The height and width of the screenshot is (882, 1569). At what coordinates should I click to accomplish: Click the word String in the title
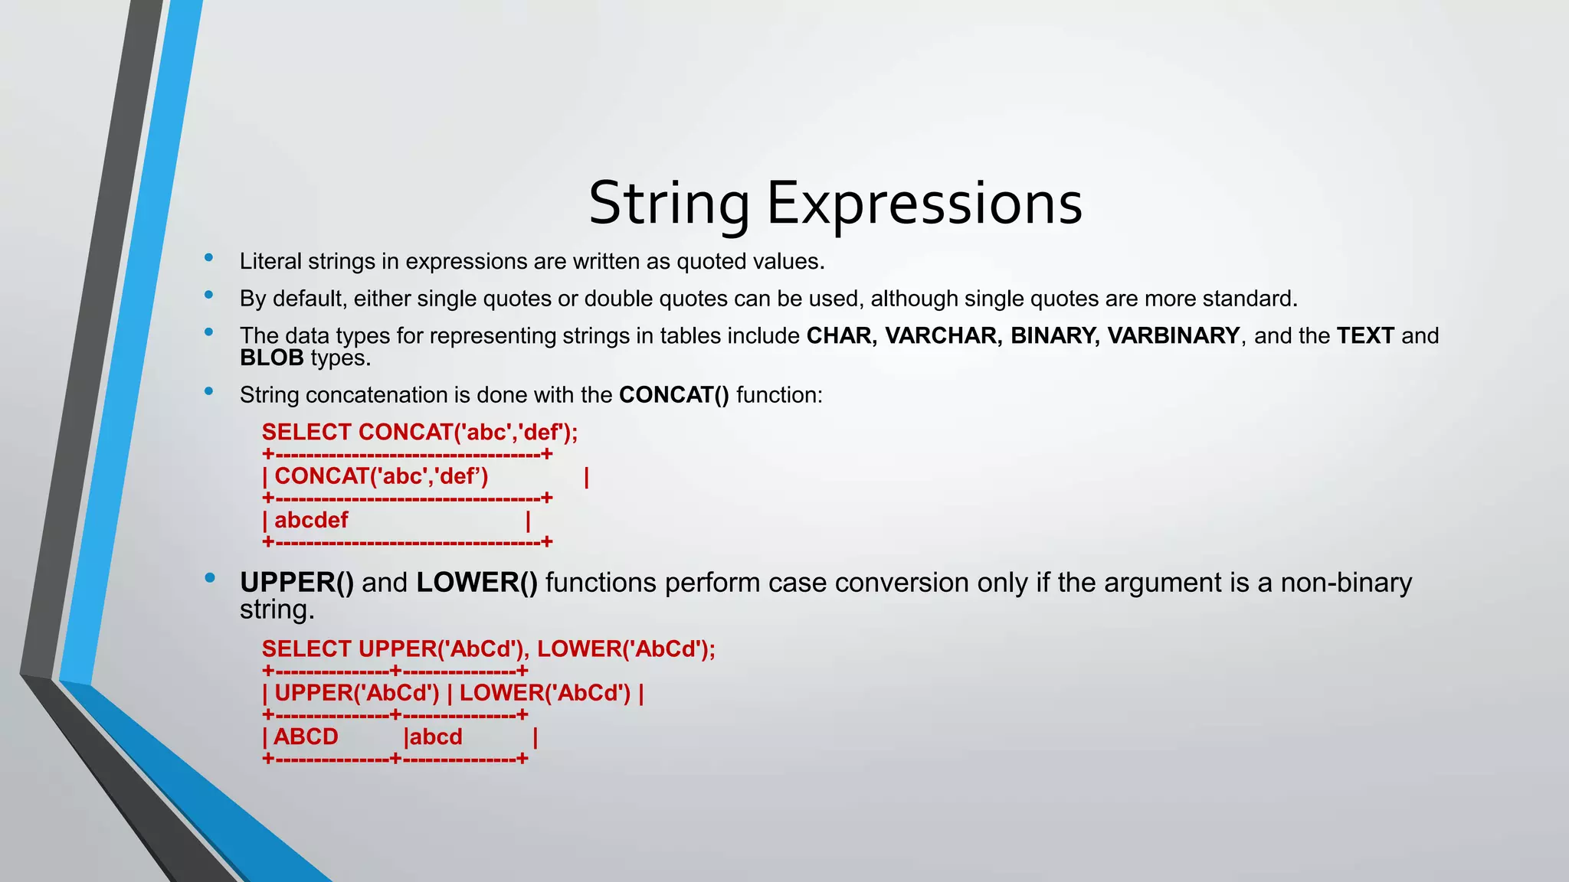(669, 204)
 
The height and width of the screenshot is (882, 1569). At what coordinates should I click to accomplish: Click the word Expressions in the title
(924, 204)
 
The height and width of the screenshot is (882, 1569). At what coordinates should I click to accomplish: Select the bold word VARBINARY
(1173, 335)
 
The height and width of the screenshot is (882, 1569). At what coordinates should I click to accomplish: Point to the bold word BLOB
(272, 358)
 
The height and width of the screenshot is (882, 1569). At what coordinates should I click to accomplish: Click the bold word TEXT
(1365, 335)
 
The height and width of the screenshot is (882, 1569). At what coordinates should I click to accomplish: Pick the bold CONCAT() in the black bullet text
(673, 395)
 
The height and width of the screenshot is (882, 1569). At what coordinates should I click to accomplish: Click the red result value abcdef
(311, 521)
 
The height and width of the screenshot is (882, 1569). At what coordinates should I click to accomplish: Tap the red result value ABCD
(306, 737)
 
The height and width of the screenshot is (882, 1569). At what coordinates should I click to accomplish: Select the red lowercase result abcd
(436, 737)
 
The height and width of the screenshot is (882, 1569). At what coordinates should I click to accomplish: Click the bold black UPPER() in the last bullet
(296, 583)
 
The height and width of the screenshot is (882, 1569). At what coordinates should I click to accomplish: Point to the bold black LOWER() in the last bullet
(477, 583)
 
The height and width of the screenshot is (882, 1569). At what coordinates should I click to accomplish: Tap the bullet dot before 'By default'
(208, 295)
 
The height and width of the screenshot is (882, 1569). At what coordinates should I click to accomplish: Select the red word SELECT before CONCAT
(306, 433)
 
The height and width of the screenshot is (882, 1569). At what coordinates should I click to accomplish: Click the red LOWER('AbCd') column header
(545, 693)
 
